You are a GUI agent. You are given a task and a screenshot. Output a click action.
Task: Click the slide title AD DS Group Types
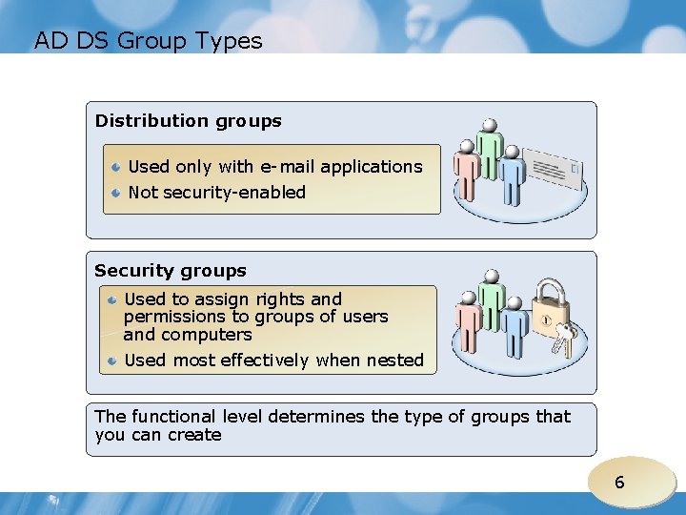point(148,41)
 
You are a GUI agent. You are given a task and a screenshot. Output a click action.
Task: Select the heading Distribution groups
point(189,121)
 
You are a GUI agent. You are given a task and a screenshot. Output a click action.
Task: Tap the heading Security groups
point(171,271)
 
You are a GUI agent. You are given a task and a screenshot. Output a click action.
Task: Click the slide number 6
point(619,483)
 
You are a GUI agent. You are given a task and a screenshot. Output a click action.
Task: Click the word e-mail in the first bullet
point(288,167)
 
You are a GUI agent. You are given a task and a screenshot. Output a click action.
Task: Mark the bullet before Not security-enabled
point(114,193)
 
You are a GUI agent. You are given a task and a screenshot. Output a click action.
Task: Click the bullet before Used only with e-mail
point(114,167)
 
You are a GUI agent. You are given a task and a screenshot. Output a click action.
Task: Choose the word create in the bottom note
point(195,435)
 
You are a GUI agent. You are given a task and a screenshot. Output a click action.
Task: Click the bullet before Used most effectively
point(112,360)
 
